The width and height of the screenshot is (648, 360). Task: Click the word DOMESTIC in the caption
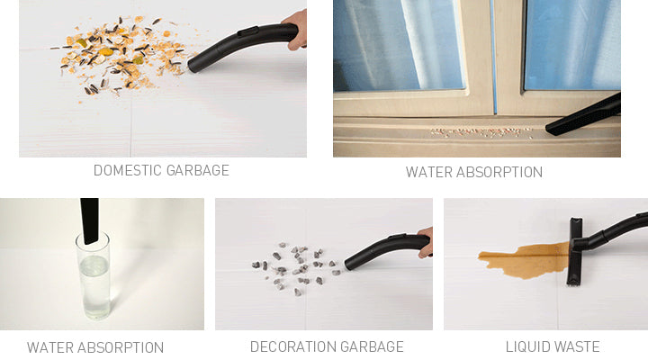[127, 170]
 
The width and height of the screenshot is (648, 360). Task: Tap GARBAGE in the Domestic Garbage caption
[197, 170]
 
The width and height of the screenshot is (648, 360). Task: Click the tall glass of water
[94, 276]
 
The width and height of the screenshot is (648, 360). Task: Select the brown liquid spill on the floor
[525, 260]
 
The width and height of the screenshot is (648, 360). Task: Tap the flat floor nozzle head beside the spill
[575, 251]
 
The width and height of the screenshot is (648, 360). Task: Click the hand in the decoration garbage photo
[425, 242]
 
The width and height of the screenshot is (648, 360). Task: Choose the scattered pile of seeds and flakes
[120, 56]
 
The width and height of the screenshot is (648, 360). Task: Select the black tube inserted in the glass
[90, 220]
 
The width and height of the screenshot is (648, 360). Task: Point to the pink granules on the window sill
[481, 133]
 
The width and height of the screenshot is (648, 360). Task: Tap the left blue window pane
[399, 45]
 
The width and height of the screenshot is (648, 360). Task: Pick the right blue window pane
[572, 45]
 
